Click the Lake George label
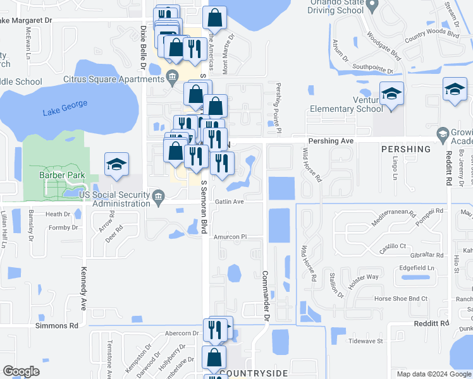coord(65,108)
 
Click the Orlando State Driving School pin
coord(372,5)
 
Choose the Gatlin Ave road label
coord(230,202)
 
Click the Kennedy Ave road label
coord(83,288)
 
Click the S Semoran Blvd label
coord(204,208)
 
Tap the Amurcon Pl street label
coord(229,237)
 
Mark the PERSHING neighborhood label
coord(406,149)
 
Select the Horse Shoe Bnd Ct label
coord(401,298)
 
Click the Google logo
coord(21,371)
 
